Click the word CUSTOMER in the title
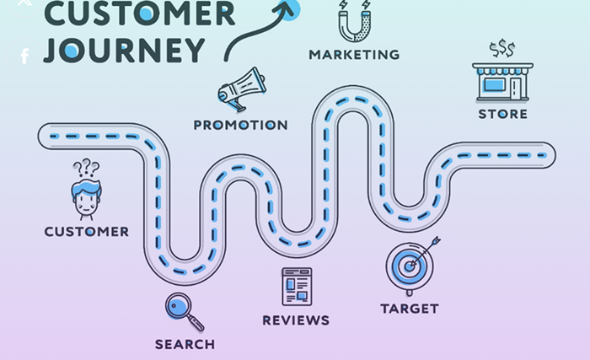[139, 13]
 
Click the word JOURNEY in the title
[124, 49]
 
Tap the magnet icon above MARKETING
[353, 20]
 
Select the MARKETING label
[354, 55]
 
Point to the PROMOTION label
[240, 125]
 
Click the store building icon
[502, 81]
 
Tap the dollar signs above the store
[502, 49]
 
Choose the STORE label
[503, 114]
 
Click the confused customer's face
[86, 200]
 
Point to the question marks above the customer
[86, 168]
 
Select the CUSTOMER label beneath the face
[87, 231]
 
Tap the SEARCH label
[185, 344]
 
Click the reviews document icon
[296, 287]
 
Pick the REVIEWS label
[296, 320]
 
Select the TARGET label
[410, 309]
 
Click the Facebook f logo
[24, 56]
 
